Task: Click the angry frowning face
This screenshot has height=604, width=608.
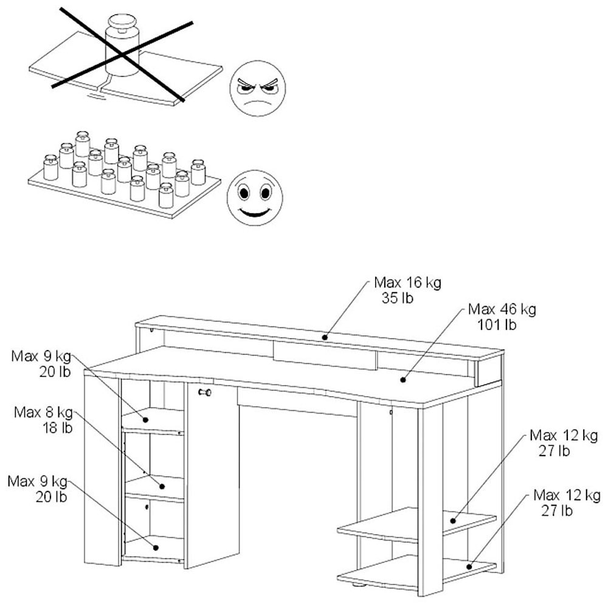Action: pyautogui.click(x=257, y=88)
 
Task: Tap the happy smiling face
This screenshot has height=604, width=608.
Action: pyautogui.click(x=255, y=198)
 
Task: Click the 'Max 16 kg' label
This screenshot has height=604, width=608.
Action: pyautogui.click(x=407, y=283)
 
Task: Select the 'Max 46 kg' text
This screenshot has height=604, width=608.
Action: pyautogui.click(x=502, y=309)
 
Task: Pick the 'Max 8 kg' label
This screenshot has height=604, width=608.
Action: pyautogui.click(x=43, y=414)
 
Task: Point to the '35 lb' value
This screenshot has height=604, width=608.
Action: pyautogui.click(x=407, y=298)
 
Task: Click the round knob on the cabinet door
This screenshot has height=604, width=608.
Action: pyautogui.click(x=205, y=393)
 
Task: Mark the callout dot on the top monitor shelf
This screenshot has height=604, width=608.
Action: pyautogui.click(x=325, y=337)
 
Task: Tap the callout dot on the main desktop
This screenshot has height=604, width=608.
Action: pyautogui.click(x=402, y=380)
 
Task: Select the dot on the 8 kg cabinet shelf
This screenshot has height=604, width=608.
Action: pyautogui.click(x=162, y=486)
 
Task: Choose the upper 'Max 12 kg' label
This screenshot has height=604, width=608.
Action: pyautogui.click(x=564, y=436)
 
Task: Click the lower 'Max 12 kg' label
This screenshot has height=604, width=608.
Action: pyautogui.click(x=565, y=495)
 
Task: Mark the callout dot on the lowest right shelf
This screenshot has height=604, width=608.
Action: pyautogui.click(x=470, y=566)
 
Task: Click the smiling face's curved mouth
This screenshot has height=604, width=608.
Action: pyautogui.click(x=255, y=213)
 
